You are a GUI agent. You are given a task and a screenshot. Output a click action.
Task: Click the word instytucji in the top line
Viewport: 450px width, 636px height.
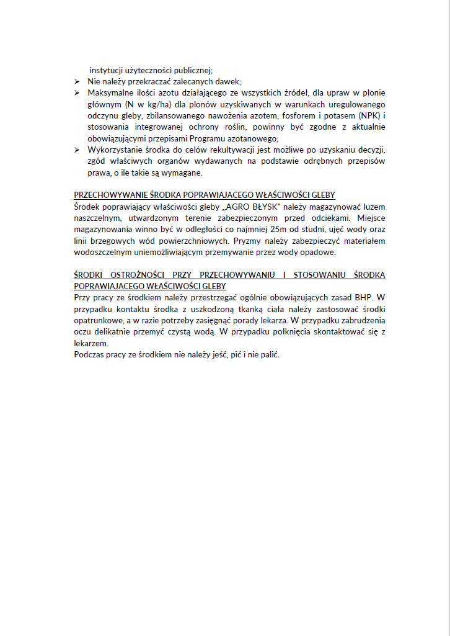click(x=105, y=70)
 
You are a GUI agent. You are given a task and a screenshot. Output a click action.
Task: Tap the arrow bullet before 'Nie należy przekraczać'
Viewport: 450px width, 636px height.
click(x=77, y=81)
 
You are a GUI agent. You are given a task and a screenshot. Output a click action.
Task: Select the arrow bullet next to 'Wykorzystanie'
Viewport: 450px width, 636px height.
click(x=77, y=150)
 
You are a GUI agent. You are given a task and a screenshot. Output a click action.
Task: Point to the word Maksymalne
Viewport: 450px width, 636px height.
click(x=108, y=92)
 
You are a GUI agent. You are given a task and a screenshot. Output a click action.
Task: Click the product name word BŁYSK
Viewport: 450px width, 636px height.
click(x=265, y=206)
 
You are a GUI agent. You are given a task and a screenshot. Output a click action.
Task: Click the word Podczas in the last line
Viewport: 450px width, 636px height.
click(x=87, y=354)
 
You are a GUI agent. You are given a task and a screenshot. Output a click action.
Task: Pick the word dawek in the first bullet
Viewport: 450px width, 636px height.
click(x=229, y=81)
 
